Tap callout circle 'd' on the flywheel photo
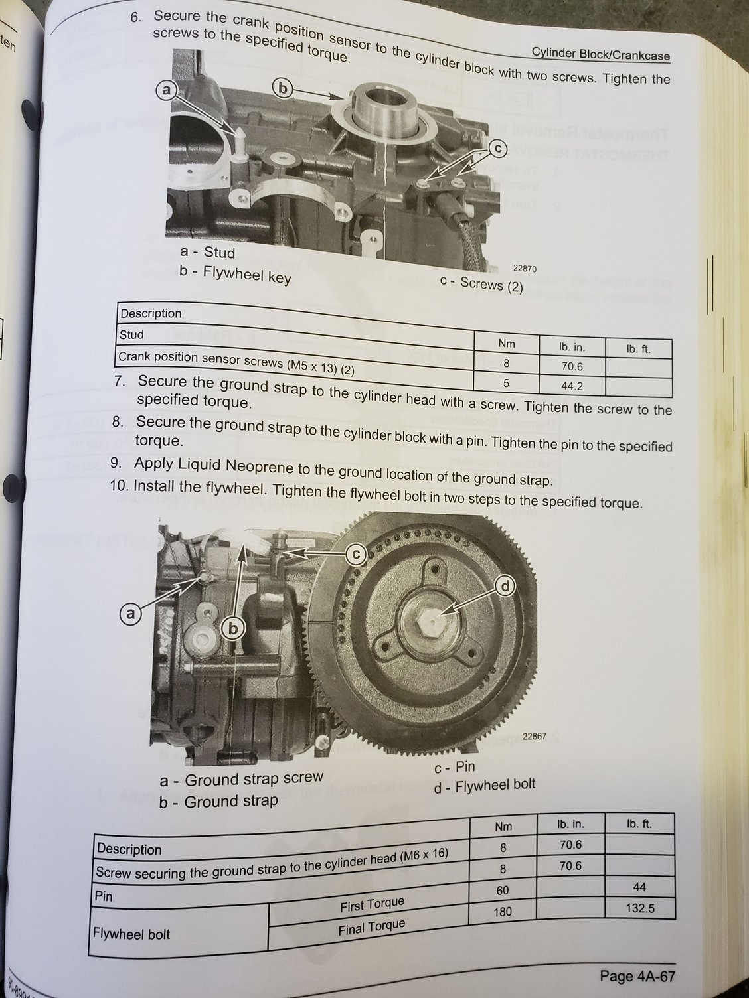point(505,585)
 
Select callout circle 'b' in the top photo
point(283,88)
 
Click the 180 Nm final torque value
point(503,911)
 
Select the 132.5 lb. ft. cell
point(640,908)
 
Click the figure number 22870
point(525,268)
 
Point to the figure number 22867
point(535,736)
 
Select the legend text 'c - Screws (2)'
point(481,284)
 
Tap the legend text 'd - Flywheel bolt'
point(484,786)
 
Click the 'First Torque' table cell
point(372,904)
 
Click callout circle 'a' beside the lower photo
point(131,614)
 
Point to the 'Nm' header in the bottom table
point(503,827)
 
